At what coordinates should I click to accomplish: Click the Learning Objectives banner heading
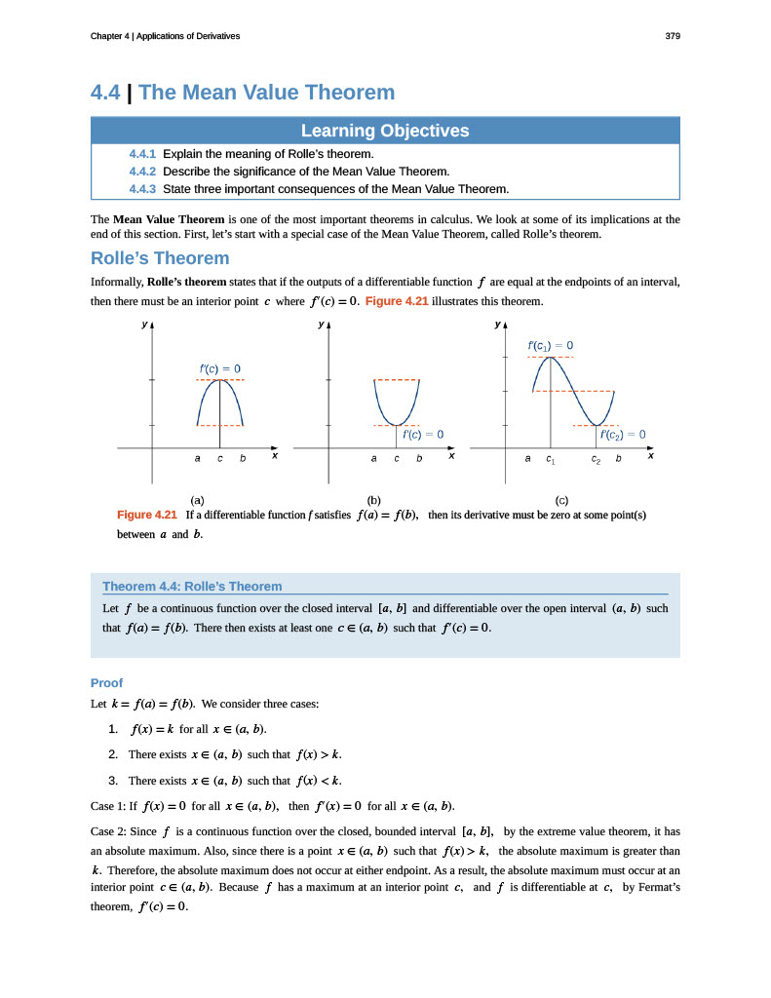pos(384,131)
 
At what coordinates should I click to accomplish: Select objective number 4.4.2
pos(143,172)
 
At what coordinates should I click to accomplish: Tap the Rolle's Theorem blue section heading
pos(160,258)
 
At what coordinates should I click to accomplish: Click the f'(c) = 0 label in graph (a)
pos(219,367)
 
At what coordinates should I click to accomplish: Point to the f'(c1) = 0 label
pos(550,345)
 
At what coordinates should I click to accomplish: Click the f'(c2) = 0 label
pos(623,434)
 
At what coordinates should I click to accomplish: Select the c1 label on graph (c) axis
pos(551,458)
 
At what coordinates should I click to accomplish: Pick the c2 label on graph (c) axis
pos(596,458)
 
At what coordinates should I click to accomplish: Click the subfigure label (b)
pos(372,500)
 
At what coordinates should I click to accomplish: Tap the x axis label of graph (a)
pos(274,455)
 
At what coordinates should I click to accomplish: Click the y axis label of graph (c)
pos(497,324)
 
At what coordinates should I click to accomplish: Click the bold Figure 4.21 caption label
pos(146,515)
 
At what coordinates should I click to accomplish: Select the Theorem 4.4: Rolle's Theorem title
pos(192,586)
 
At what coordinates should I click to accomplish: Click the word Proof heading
pos(106,682)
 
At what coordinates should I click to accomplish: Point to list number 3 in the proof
pos(113,780)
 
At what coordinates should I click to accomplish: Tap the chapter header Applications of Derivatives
pos(188,36)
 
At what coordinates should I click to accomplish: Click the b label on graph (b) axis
pos(419,457)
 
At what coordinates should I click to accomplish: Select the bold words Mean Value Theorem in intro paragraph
pos(169,219)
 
